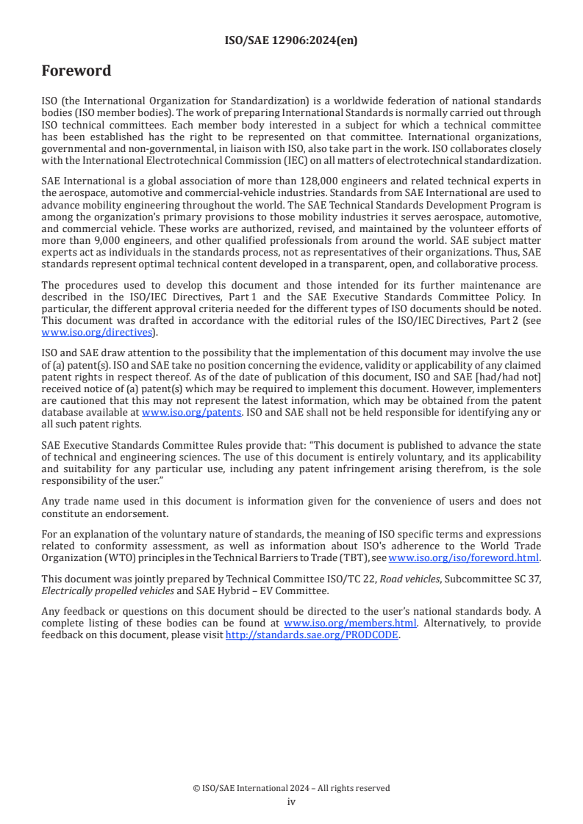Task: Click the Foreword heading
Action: point(76,71)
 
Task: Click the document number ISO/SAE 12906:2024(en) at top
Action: point(291,41)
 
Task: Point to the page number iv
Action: point(291,801)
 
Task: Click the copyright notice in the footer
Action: point(291,788)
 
